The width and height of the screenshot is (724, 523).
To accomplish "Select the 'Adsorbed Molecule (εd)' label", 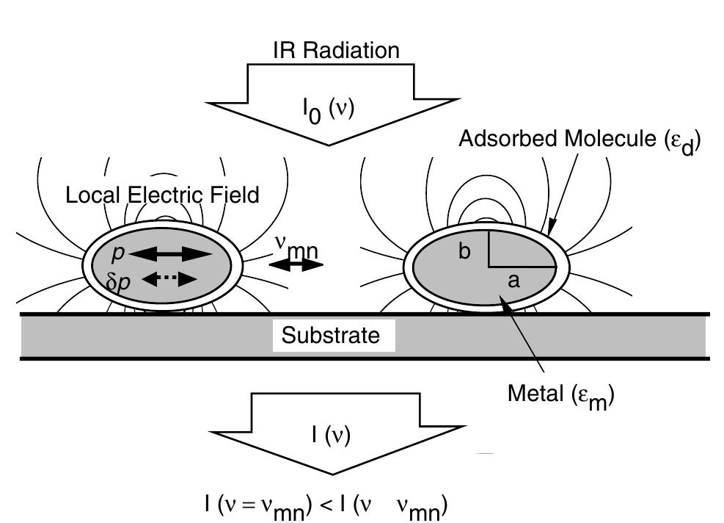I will (x=579, y=141).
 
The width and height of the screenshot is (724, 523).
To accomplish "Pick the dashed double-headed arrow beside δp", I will (x=169, y=279).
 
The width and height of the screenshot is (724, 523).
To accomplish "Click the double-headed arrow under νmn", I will (x=296, y=265).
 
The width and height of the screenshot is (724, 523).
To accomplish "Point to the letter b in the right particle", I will (x=464, y=252).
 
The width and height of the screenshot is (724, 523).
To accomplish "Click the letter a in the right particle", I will (x=513, y=281).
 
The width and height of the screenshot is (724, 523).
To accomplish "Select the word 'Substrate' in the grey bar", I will (x=332, y=336).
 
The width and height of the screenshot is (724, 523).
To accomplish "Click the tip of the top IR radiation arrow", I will (x=332, y=144).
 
